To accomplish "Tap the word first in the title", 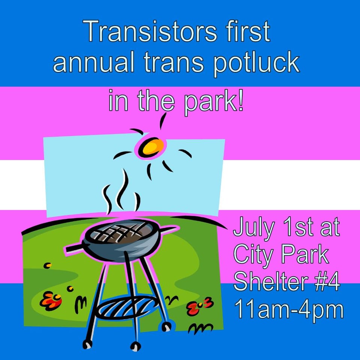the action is coord(247,31).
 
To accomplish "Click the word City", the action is coord(253,255).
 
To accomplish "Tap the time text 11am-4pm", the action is coord(289,309).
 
